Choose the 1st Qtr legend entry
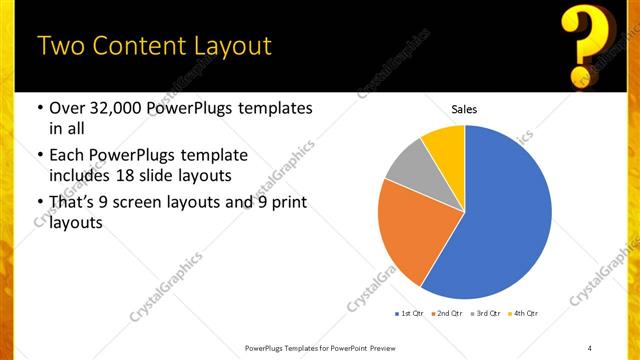tap(410, 314)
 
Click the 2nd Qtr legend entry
tap(446, 314)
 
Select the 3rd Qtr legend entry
tap(486, 314)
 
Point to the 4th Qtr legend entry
tap(525, 314)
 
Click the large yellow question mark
tap(587, 44)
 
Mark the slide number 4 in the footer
tap(590, 347)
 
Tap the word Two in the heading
tap(59, 46)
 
